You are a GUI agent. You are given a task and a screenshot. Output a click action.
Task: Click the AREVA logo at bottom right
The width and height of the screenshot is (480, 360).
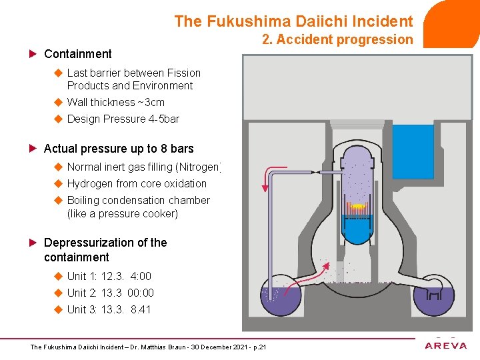click(445, 345)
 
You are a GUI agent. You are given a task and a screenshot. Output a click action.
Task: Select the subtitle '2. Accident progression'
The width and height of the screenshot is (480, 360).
click(337, 39)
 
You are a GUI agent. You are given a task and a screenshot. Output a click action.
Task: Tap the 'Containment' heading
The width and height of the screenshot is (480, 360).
click(77, 54)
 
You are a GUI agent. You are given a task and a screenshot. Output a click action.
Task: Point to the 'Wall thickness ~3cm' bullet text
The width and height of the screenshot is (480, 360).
click(115, 102)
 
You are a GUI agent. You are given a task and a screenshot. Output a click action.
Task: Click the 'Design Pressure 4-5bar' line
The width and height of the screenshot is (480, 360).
click(123, 119)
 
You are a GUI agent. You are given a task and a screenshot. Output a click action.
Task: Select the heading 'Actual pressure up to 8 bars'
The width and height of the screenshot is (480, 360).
click(119, 149)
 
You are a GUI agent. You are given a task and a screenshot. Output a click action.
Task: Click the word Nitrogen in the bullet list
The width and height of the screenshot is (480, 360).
click(201, 167)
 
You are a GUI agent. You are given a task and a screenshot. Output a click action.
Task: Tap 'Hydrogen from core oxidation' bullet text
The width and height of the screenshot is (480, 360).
click(137, 183)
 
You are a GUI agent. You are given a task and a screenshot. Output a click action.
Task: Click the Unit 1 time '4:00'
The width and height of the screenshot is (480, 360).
click(141, 276)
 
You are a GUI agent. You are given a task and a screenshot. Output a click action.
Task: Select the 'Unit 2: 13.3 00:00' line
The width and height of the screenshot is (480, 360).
click(110, 293)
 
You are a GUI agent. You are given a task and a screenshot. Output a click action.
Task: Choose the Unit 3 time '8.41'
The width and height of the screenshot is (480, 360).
click(141, 309)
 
